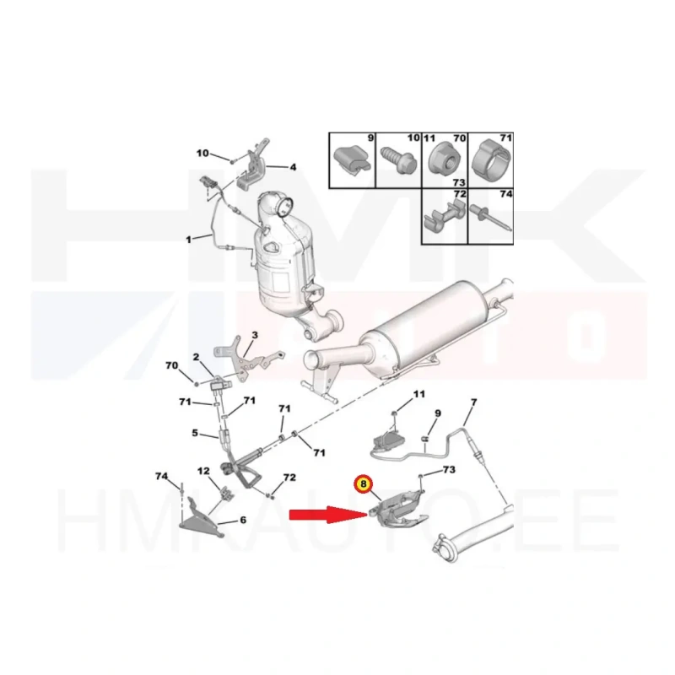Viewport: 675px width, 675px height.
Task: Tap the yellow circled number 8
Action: coord(364,483)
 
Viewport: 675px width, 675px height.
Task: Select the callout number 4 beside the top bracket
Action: coord(293,166)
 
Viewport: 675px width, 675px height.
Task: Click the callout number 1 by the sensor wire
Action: coord(188,239)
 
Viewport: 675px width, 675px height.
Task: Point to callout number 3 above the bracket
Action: coord(255,335)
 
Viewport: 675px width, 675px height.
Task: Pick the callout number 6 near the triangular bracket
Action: coord(243,520)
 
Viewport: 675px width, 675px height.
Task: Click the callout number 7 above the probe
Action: coord(474,402)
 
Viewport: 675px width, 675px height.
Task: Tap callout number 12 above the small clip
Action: coord(203,472)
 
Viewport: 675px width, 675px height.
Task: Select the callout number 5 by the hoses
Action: coord(195,433)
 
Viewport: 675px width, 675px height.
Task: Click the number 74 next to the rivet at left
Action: coord(161,476)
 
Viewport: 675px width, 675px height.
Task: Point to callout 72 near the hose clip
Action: coord(289,478)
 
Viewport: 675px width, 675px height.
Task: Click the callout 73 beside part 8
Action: coord(449,469)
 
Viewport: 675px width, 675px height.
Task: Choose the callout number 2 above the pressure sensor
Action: coord(196,357)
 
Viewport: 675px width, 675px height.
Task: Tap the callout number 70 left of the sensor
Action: coord(172,365)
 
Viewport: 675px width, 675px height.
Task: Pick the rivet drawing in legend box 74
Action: coord(491,218)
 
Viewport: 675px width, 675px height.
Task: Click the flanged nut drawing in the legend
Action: coord(444,159)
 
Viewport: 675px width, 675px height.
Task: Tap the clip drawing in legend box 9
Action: coord(352,159)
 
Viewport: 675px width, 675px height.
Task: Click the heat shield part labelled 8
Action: coord(399,510)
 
